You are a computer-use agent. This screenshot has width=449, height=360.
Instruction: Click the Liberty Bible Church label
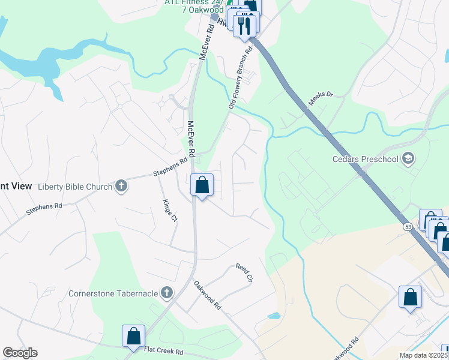click(x=75, y=186)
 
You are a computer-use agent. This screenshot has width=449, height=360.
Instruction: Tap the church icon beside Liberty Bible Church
click(x=121, y=186)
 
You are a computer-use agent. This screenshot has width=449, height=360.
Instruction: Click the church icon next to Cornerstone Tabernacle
click(x=167, y=293)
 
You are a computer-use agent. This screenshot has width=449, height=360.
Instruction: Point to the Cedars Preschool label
click(x=366, y=159)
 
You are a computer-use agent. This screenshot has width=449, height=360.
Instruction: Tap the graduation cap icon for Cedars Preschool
click(x=408, y=159)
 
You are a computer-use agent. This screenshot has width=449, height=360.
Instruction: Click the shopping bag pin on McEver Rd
click(x=202, y=185)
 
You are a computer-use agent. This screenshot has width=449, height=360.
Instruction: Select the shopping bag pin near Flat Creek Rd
click(x=133, y=336)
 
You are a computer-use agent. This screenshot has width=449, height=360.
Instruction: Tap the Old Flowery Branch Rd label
click(x=238, y=86)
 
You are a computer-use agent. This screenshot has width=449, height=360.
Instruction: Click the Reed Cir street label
click(x=244, y=274)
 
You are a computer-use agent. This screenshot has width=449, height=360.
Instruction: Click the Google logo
click(x=20, y=353)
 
